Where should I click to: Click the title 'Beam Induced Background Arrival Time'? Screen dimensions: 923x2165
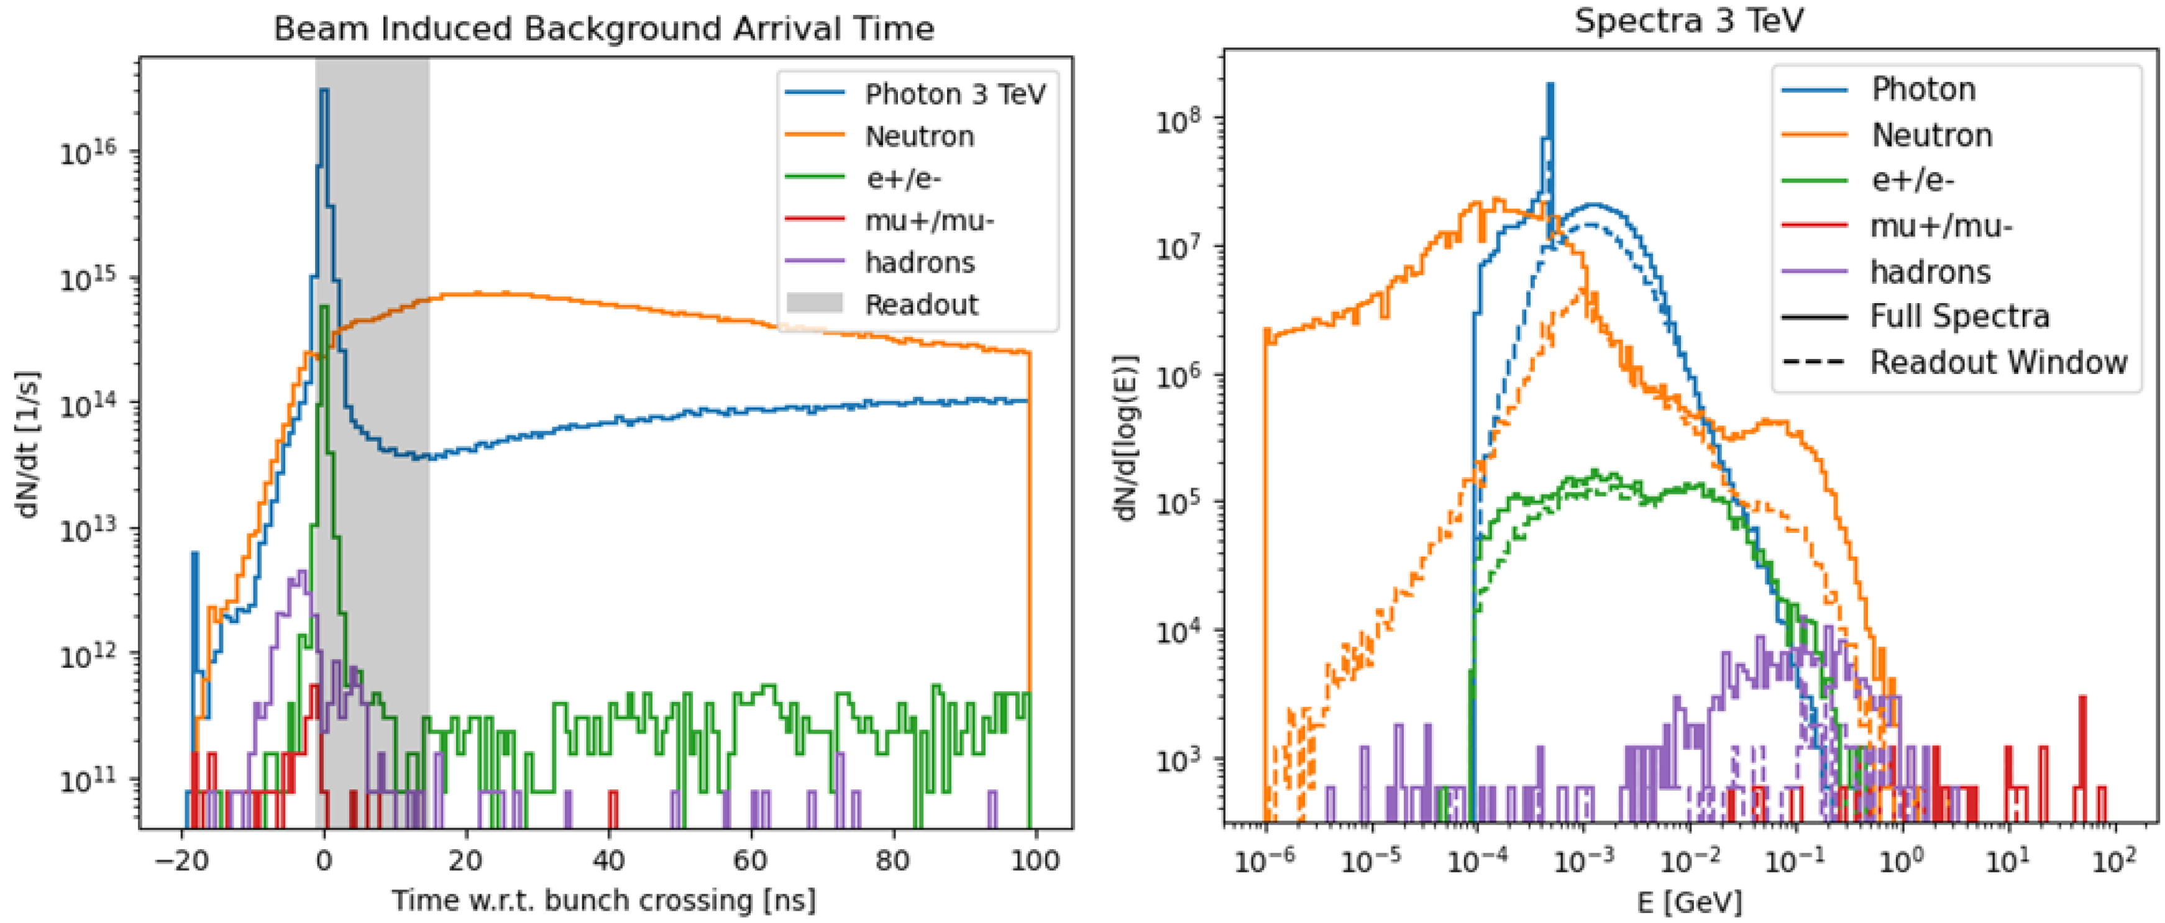pos(603,29)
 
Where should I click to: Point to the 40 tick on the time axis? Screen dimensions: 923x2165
pos(608,860)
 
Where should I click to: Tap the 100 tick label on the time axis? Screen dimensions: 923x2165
pos(1035,860)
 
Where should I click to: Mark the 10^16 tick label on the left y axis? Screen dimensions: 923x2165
pos(88,152)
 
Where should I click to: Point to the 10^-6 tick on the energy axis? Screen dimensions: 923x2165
pos(1264,862)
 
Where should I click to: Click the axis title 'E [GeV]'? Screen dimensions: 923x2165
pos(1689,902)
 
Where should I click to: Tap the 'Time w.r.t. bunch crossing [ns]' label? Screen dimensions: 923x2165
pos(603,900)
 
